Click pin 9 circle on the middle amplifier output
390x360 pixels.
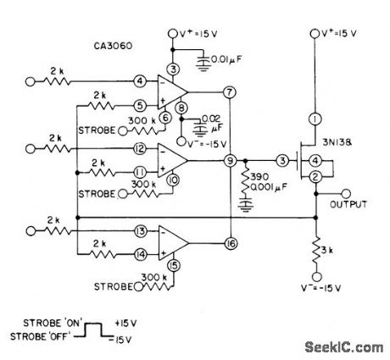click(x=229, y=159)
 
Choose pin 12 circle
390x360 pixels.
click(x=140, y=148)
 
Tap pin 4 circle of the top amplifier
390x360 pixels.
click(x=140, y=81)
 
